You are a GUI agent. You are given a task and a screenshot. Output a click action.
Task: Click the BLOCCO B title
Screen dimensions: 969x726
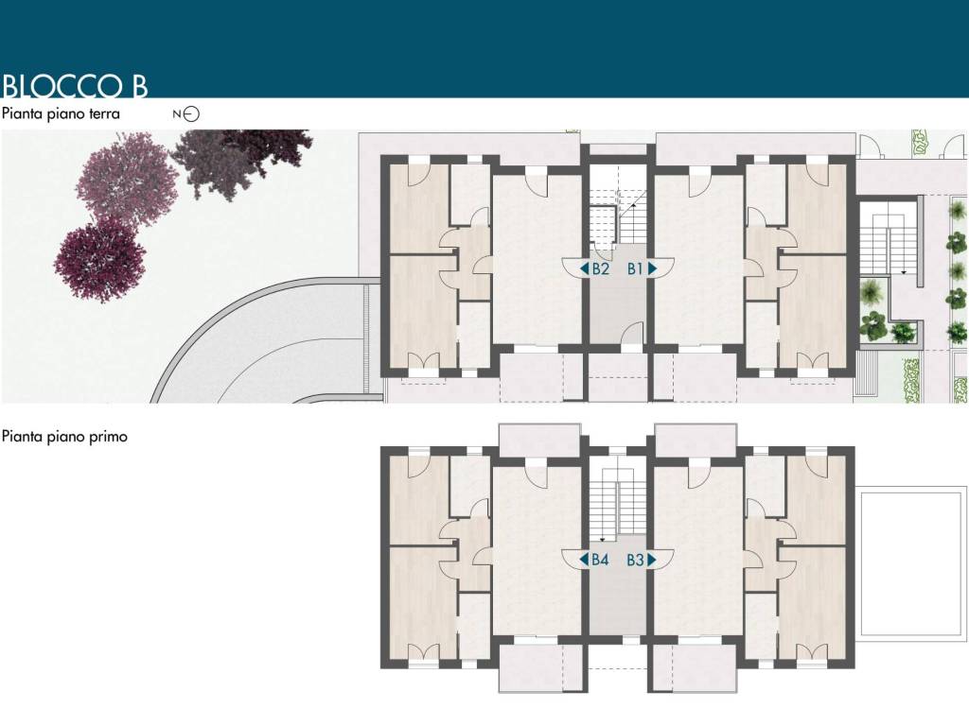click(x=75, y=86)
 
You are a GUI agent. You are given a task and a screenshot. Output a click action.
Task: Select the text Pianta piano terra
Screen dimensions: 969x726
click(x=61, y=113)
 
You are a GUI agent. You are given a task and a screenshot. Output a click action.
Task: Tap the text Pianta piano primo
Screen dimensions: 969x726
click(x=64, y=437)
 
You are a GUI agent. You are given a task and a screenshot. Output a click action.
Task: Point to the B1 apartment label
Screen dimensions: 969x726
click(x=635, y=268)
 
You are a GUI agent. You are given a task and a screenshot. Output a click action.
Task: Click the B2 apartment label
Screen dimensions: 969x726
click(x=601, y=268)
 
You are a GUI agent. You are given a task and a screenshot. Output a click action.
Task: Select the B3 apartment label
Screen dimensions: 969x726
click(x=635, y=560)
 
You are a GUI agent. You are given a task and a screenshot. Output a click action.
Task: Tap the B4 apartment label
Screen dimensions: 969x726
click(x=600, y=560)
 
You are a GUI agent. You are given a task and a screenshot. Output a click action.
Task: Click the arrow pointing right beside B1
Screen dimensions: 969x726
click(x=652, y=268)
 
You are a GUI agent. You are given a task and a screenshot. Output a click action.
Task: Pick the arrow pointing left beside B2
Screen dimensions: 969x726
click(x=584, y=268)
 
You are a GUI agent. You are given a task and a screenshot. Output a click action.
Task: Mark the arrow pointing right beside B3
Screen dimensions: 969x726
click(x=652, y=560)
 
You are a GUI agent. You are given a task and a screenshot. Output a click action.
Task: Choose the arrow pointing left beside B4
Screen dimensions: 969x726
click(x=583, y=560)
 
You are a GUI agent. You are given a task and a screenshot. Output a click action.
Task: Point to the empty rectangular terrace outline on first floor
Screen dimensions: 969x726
click(x=911, y=563)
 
